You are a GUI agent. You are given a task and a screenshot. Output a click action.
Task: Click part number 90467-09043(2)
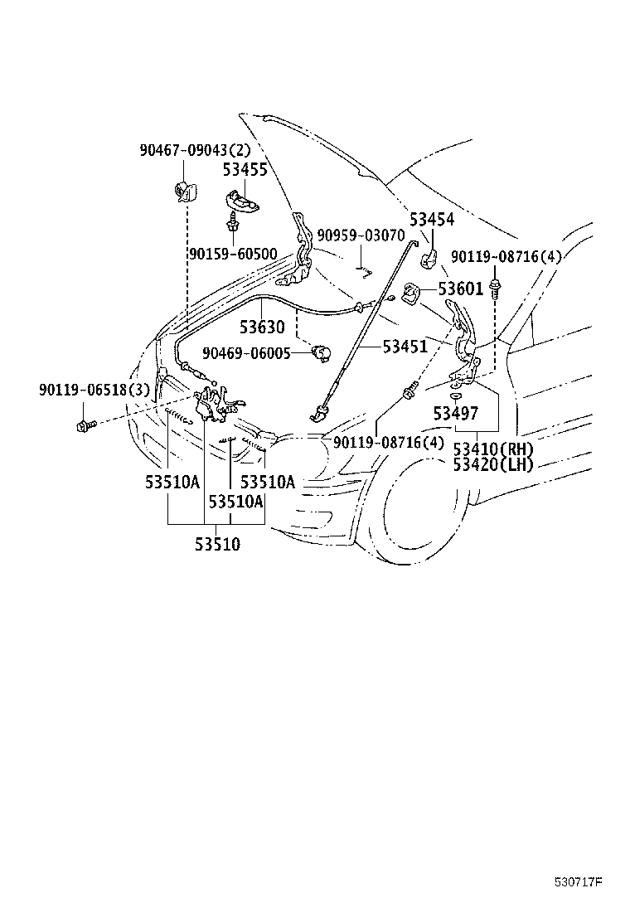pyautogui.click(x=195, y=150)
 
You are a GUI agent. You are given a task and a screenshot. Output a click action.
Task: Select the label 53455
pyautogui.click(x=245, y=169)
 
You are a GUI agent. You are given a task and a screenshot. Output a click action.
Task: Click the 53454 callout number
pyautogui.click(x=432, y=220)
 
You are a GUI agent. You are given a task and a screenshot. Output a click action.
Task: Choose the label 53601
pyautogui.click(x=461, y=289)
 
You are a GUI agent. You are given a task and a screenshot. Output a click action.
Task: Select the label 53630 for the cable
pyautogui.click(x=262, y=327)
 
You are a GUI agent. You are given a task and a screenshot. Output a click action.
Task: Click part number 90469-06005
pyautogui.click(x=246, y=353)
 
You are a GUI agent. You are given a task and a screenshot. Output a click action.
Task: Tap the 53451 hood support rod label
pyautogui.click(x=405, y=347)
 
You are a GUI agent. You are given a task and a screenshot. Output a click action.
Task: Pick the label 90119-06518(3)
pyautogui.click(x=94, y=390)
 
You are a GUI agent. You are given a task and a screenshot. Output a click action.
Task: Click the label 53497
pyautogui.click(x=456, y=414)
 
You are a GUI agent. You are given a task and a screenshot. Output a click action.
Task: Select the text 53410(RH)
pyautogui.click(x=494, y=450)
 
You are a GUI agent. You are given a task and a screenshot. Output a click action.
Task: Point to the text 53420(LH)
pyautogui.click(x=494, y=465)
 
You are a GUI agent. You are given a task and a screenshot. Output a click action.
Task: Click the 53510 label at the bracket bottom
pyautogui.click(x=218, y=544)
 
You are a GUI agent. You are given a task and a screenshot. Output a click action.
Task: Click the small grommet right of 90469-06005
pyautogui.click(x=322, y=353)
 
